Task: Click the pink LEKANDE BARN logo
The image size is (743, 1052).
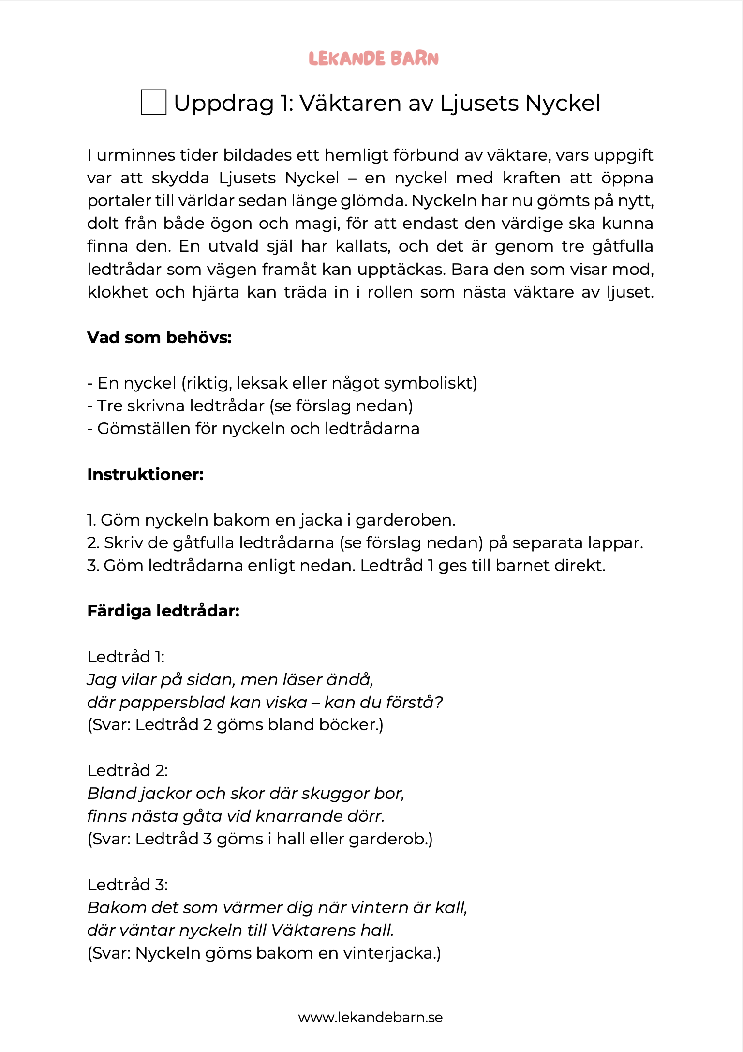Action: (373, 59)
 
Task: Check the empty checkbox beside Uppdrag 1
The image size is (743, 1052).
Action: (153, 102)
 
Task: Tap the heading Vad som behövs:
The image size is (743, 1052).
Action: (159, 337)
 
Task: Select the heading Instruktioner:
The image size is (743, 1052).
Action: (145, 474)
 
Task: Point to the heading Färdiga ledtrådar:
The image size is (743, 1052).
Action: (163, 611)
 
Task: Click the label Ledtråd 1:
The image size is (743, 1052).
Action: (126, 657)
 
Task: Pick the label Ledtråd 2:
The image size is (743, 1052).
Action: (127, 770)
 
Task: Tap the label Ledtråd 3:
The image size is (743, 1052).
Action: (127, 885)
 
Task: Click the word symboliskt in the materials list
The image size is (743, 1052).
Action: (430, 383)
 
